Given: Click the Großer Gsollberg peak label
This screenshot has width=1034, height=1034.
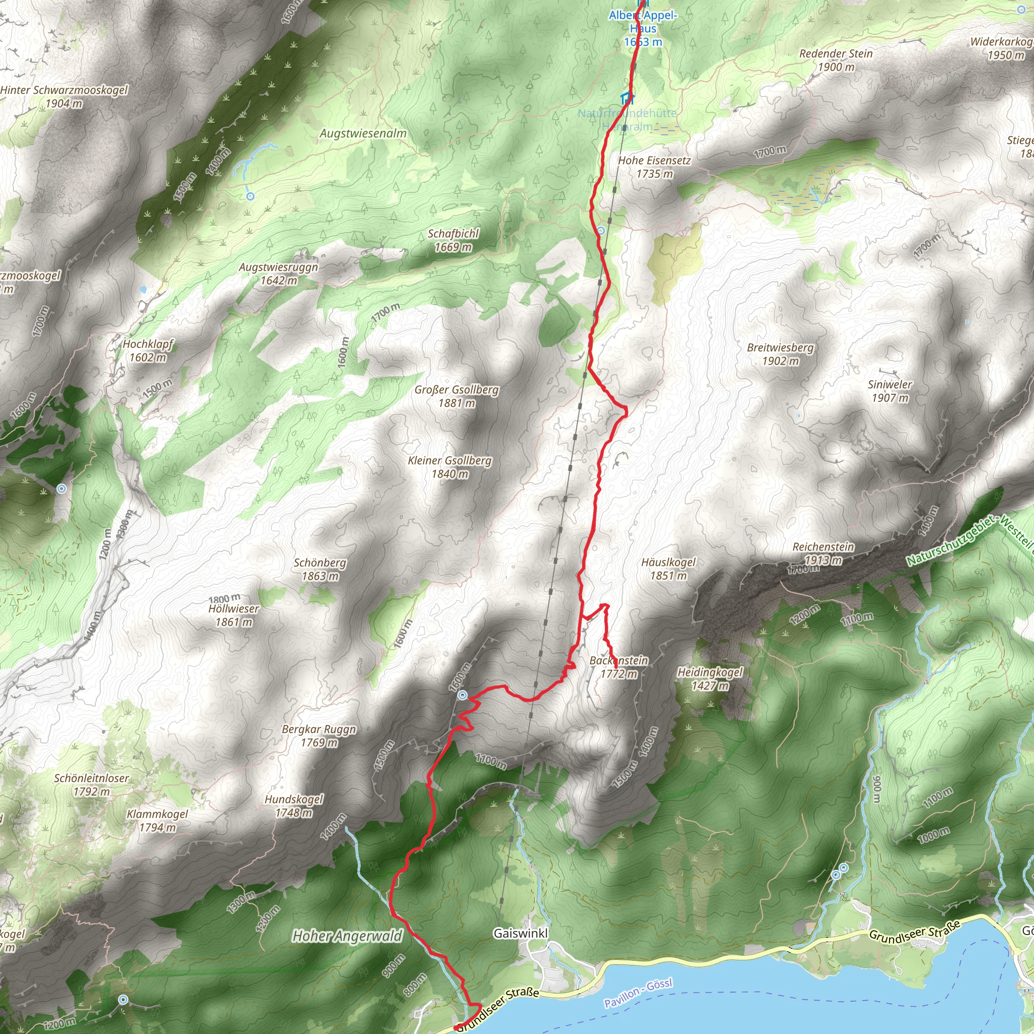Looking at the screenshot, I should click(x=456, y=396).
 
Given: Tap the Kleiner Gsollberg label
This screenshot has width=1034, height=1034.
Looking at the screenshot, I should click(x=449, y=467).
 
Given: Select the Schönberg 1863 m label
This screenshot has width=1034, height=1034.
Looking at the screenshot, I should click(x=320, y=570).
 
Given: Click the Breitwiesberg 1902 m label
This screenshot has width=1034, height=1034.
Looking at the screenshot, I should click(x=781, y=354).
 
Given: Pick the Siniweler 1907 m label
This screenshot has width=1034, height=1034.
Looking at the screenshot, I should click(x=890, y=391).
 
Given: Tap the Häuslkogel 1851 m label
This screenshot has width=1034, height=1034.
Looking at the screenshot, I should click(x=668, y=569).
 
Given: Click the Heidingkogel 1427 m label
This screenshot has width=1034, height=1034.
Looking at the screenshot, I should click(x=710, y=679).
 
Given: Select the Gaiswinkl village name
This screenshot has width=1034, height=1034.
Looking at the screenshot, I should click(x=521, y=934).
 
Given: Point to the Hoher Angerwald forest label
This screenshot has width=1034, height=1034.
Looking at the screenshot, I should click(x=347, y=936).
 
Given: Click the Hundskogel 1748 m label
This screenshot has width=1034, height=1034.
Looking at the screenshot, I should click(x=294, y=806).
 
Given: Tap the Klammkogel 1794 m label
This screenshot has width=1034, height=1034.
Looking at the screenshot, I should click(x=158, y=820).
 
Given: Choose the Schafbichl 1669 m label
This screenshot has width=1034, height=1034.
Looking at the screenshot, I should click(x=453, y=240).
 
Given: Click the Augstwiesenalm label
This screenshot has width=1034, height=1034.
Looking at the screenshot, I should click(x=363, y=133).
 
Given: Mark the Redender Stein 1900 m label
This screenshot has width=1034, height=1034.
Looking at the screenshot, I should click(x=836, y=61).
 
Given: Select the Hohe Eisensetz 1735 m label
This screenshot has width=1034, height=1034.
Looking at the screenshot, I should click(x=654, y=167).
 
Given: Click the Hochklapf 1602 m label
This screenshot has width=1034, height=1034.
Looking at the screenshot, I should click(x=148, y=350).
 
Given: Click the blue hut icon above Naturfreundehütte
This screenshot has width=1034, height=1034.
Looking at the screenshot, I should click(x=627, y=98).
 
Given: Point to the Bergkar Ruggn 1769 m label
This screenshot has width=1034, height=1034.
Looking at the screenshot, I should click(x=319, y=736).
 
